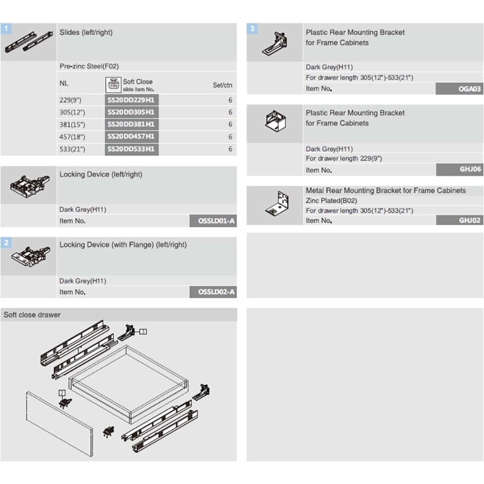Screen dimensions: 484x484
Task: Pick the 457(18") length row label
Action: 72,137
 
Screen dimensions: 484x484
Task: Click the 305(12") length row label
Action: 72,112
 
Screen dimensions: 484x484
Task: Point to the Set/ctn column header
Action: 222,85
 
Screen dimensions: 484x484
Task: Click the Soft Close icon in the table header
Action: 113,85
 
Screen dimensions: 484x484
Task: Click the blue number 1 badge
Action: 6,29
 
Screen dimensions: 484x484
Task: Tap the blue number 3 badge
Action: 252,29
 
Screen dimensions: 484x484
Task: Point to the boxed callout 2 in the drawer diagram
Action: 62,393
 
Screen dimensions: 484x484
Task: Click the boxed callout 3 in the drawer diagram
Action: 143,331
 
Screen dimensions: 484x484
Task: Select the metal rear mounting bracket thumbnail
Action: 277,204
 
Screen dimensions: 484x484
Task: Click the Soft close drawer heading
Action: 32,315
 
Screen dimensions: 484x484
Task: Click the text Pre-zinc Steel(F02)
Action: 89,66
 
